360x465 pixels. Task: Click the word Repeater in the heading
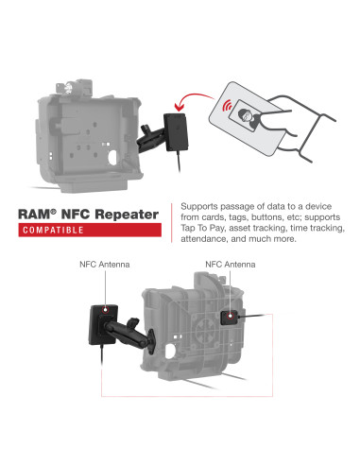point(126,215)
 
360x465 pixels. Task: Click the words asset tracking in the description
point(261,229)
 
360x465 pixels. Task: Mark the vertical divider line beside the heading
point(170,222)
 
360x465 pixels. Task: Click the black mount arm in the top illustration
point(151,138)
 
